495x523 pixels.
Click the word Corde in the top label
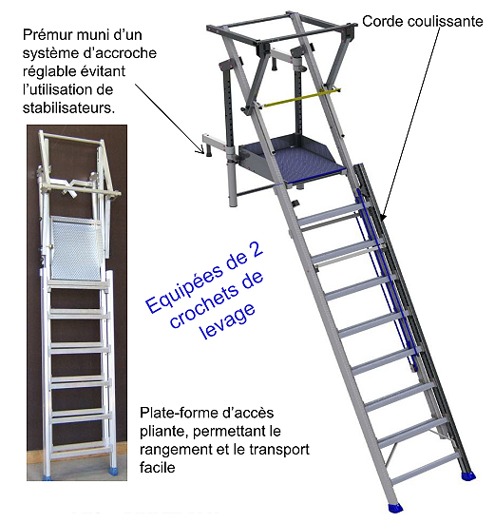click(x=383, y=21)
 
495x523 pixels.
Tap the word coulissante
click(x=445, y=21)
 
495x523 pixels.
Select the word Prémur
click(x=47, y=34)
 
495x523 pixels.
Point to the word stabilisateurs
click(x=68, y=107)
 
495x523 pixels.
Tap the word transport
click(x=279, y=450)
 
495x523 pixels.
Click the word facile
click(x=158, y=468)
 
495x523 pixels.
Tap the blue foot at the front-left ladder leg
click(x=396, y=508)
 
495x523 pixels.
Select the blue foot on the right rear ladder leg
click(x=467, y=475)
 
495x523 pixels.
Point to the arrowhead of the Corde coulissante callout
click(x=383, y=218)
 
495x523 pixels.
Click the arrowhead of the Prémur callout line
click(x=201, y=151)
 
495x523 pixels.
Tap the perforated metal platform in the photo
click(x=76, y=248)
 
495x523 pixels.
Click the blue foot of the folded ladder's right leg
click(x=114, y=474)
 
